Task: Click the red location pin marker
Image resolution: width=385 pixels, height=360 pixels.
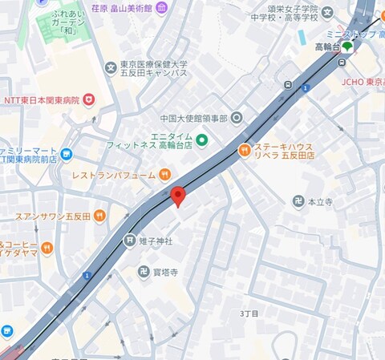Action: tap(178, 195)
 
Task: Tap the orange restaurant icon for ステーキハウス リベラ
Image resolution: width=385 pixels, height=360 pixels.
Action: tap(244, 149)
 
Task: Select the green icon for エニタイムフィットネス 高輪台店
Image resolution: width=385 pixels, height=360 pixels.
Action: tap(202, 141)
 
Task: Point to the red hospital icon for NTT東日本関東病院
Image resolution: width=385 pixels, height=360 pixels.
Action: tap(89, 99)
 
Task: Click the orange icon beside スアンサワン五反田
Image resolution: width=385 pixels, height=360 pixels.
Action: tap(99, 216)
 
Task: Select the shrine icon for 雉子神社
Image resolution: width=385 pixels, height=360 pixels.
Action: tap(129, 240)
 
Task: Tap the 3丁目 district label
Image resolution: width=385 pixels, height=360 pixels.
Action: tap(249, 313)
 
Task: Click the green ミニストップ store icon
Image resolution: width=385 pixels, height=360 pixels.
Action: tap(347, 47)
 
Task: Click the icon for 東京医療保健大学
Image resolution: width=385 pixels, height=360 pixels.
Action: tap(111, 67)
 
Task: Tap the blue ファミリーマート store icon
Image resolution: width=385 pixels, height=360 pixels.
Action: tap(66, 154)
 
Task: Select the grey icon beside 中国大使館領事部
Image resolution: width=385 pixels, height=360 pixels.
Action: tap(237, 119)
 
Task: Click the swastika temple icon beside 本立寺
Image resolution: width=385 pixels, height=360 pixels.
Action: tap(298, 203)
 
